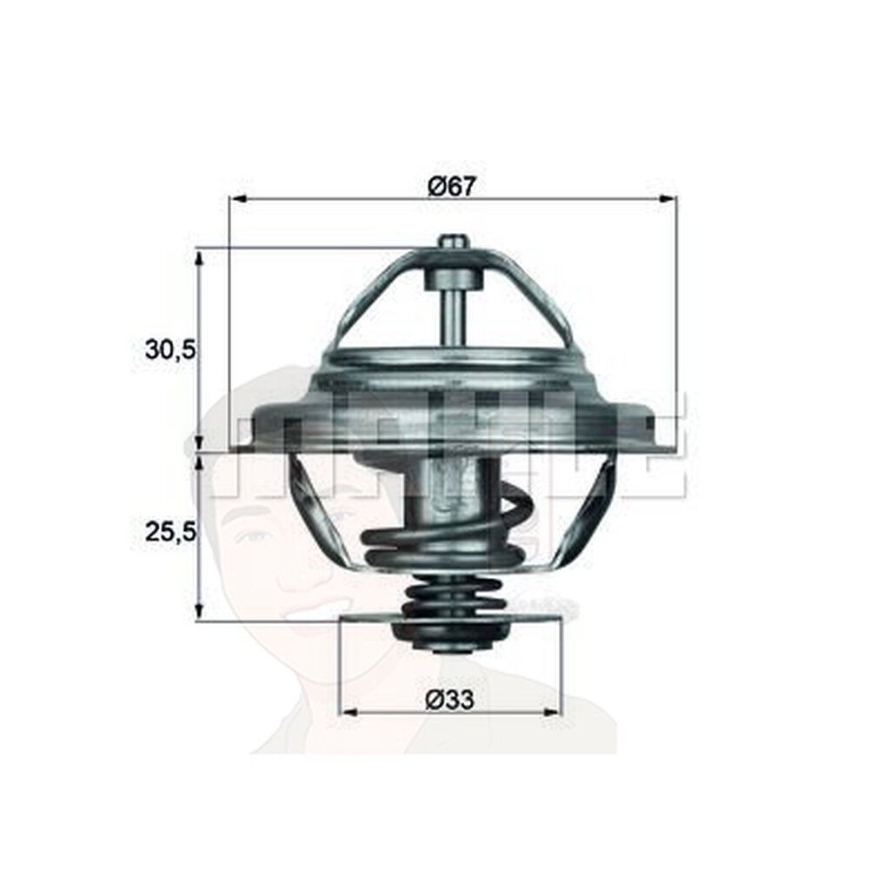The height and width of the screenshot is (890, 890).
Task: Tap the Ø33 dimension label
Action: click(x=449, y=699)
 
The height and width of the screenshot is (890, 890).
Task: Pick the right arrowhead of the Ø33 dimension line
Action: click(x=551, y=712)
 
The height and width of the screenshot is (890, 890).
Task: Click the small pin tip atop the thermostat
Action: click(x=452, y=242)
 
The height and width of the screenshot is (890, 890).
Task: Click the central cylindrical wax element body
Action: click(x=448, y=491)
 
